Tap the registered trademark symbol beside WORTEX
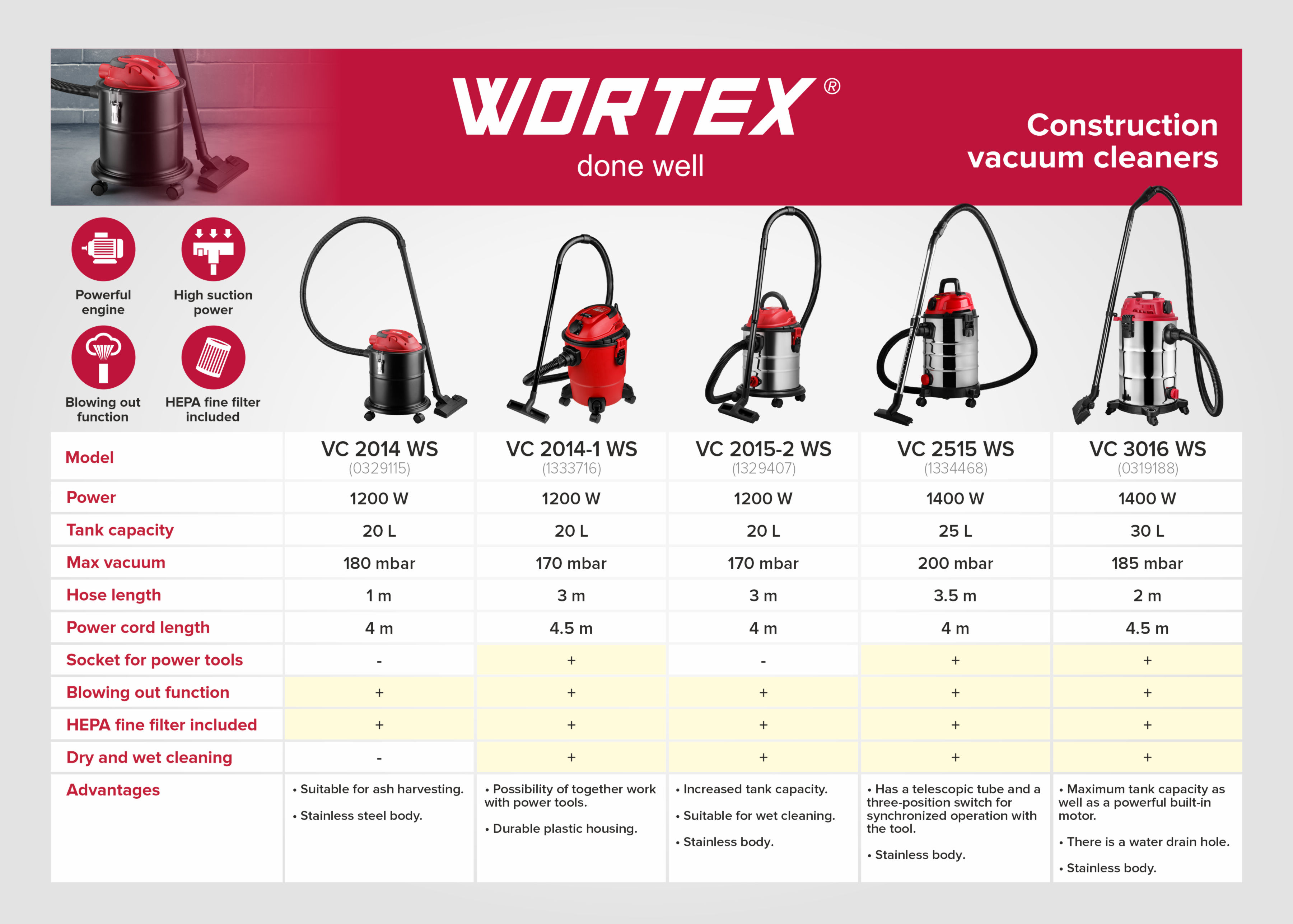point(832,87)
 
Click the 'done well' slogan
point(640,166)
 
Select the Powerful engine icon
point(103,249)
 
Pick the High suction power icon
point(213,249)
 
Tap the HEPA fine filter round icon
point(213,357)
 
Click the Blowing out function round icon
point(103,357)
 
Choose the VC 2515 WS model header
point(956,449)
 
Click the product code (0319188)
point(1147,468)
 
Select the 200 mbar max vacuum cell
point(956,563)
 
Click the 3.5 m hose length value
point(955,596)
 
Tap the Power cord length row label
point(138,627)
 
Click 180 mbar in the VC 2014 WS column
point(379,563)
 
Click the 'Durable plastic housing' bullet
point(561,829)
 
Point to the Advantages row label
point(113,790)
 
